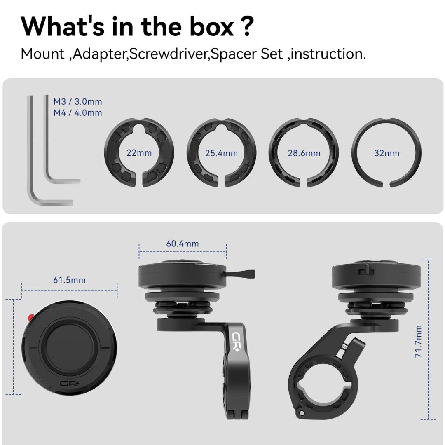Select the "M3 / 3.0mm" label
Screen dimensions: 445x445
(77, 102)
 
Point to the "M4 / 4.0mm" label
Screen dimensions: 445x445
(77, 112)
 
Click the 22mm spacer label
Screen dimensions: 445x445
(139, 153)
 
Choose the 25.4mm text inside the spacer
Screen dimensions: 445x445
(221, 153)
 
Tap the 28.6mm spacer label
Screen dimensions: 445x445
(304, 153)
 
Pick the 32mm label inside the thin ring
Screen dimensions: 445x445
(386, 153)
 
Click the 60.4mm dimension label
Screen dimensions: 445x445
(183, 244)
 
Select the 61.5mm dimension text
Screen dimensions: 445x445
(69, 280)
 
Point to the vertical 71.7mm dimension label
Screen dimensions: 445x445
(418, 341)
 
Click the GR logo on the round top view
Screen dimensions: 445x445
(70, 384)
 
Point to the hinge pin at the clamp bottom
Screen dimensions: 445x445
(301, 412)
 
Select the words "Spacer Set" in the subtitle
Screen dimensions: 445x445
(247, 54)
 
